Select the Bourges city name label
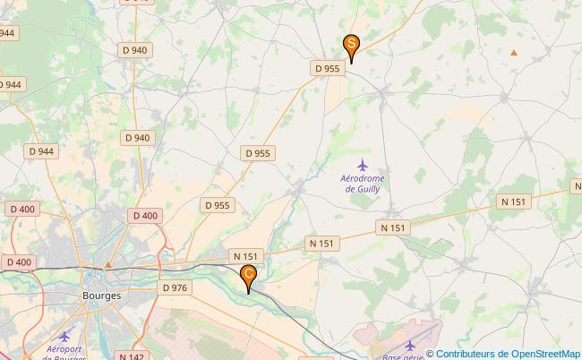[x=101, y=294]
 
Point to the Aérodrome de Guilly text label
[x=363, y=184]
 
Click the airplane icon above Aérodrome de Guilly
[x=363, y=165]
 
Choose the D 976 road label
[x=175, y=287]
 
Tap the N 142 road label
[x=131, y=356]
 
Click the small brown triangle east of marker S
[x=514, y=52]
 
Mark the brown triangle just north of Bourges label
[x=108, y=264]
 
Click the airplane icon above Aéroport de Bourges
[x=64, y=336]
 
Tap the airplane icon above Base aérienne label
[x=411, y=344]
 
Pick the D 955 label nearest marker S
[x=327, y=68]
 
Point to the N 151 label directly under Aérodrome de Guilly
[x=393, y=228]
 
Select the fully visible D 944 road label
[x=40, y=151]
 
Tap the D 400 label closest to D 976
[x=143, y=216]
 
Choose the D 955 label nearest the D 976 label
[x=217, y=205]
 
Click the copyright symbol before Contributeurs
[x=430, y=353]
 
